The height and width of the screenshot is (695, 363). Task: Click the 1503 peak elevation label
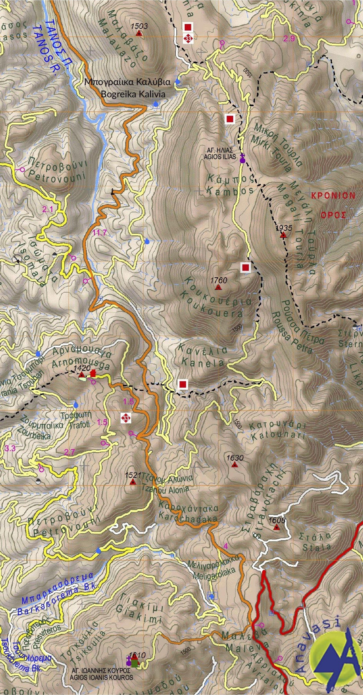tap(139, 26)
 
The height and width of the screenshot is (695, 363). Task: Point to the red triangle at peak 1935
tap(283, 235)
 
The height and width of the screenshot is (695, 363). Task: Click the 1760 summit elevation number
tap(219, 281)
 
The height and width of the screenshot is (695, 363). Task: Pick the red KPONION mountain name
tap(333, 196)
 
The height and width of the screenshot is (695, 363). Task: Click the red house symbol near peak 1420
tap(93, 373)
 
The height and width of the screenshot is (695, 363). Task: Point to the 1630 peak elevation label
tap(235, 458)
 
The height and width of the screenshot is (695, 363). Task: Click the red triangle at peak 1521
tap(133, 482)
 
